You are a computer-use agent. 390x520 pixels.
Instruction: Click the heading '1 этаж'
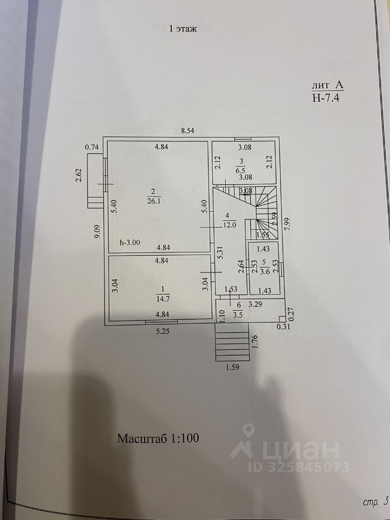click(183, 29)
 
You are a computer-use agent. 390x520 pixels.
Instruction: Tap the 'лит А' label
click(327, 85)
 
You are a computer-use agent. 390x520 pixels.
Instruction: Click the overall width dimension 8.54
click(187, 131)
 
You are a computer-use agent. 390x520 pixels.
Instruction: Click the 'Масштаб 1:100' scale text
click(159, 438)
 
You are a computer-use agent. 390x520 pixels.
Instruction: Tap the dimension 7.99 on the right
click(288, 223)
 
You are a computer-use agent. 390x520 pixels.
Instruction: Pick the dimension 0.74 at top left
click(92, 147)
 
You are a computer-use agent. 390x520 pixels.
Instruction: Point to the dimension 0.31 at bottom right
click(283, 327)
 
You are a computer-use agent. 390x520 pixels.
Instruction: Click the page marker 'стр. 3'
click(374, 501)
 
